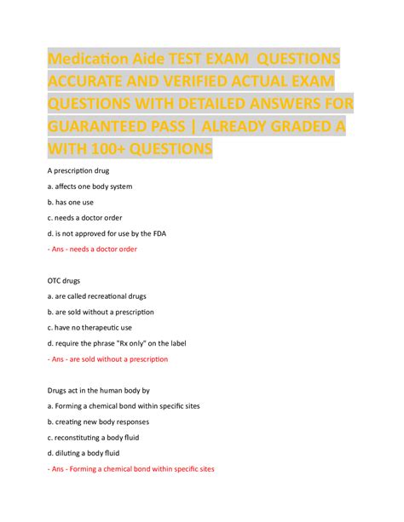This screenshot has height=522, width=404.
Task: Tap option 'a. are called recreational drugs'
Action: [96, 296]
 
